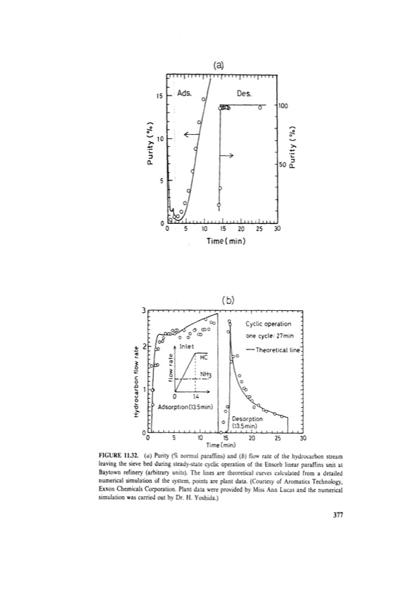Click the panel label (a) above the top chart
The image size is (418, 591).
click(x=218, y=65)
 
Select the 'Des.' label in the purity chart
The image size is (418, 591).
click(x=244, y=93)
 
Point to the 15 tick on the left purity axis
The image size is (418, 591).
click(x=159, y=95)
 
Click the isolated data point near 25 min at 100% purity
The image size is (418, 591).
click(x=260, y=107)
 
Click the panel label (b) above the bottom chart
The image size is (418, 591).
click(x=226, y=300)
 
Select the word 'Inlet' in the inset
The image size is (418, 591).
click(x=187, y=346)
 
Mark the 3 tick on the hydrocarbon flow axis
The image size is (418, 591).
click(x=144, y=310)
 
